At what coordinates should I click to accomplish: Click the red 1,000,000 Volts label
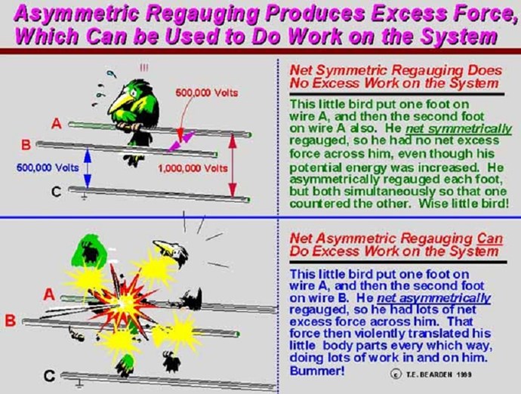pos(193,168)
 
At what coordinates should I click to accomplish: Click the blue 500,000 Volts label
pos(48,168)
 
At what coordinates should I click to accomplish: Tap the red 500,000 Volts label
pos(207,93)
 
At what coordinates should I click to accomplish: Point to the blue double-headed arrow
pos(87,168)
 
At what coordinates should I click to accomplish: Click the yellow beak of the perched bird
pos(116,103)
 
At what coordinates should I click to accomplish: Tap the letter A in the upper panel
pos(57,124)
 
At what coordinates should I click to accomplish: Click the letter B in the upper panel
pos(26,145)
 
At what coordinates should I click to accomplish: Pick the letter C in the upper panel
pos(57,192)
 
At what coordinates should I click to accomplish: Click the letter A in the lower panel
pos(49,294)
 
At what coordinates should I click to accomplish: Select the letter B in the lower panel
pos(10,322)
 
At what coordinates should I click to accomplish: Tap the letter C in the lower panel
pos(49,376)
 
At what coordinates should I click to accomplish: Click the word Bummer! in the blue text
pos(317,371)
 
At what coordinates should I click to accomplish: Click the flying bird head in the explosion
pos(171,251)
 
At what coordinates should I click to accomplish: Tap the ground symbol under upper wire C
pos(84,198)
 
